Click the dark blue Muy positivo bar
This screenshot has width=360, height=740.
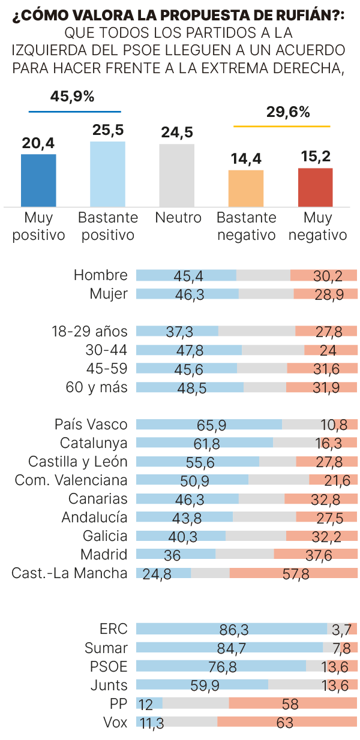pyautogui.click(x=38, y=181)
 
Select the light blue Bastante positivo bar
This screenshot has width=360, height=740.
pyautogui.click(x=107, y=175)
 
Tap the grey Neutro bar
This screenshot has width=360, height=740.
pyautogui.click(x=176, y=176)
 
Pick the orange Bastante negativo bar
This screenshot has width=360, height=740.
pyautogui.click(x=246, y=188)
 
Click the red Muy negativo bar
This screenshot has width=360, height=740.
pyautogui.click(x=315, y=187)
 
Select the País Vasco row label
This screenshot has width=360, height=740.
pyautogui.click(x=91, y=425)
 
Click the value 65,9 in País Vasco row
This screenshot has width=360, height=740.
pyautogui.click(x=211, y=425)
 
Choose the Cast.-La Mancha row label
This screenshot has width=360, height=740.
pyautogui.click(x=70, y=573)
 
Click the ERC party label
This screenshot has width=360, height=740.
pyautogui.click(x=113, y=629)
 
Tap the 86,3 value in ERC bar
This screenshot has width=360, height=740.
pyautogui.click(x=234, y=630)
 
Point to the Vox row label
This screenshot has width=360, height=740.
pyautogui.click(x=115, y=723)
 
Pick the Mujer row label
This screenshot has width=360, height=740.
pyautogui.click(x=109, y=294)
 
